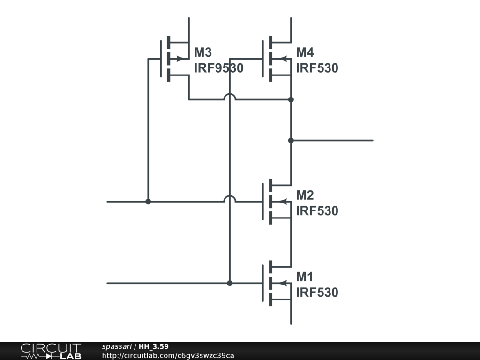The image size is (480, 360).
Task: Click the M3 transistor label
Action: pos(203,52)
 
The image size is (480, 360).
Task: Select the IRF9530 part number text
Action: pos(218,68)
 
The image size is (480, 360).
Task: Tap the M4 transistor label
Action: pos(305,52)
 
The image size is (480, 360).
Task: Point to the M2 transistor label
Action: pos(305,195)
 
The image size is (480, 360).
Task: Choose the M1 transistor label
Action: pos(305,277)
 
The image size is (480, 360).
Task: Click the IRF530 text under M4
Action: pos(317,68)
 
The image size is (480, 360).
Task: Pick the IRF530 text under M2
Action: pos(317,210)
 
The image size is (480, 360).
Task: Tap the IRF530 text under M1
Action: pos(317,292)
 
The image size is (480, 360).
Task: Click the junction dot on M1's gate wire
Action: pos(230,283)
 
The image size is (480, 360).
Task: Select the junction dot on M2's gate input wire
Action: pos(148,202)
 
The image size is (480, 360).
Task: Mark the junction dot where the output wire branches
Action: pos(291,140)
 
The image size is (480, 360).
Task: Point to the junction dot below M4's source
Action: pos(291,99)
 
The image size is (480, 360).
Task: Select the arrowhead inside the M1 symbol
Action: pos(283,283)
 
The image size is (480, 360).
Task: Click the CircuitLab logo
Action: pos(51,351)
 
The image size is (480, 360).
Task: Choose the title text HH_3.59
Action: pos(153,346)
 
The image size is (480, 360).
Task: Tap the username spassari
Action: pos(117,347)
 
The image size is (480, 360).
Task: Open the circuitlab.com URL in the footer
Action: pos(168,355)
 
